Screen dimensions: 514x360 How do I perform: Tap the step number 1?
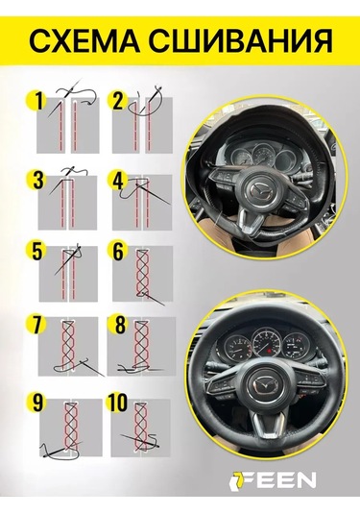coord(39,99)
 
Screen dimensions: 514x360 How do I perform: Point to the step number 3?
coord(38,179)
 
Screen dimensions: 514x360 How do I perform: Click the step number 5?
coord(38,254)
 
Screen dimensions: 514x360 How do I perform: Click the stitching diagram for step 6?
coord(145,273)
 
